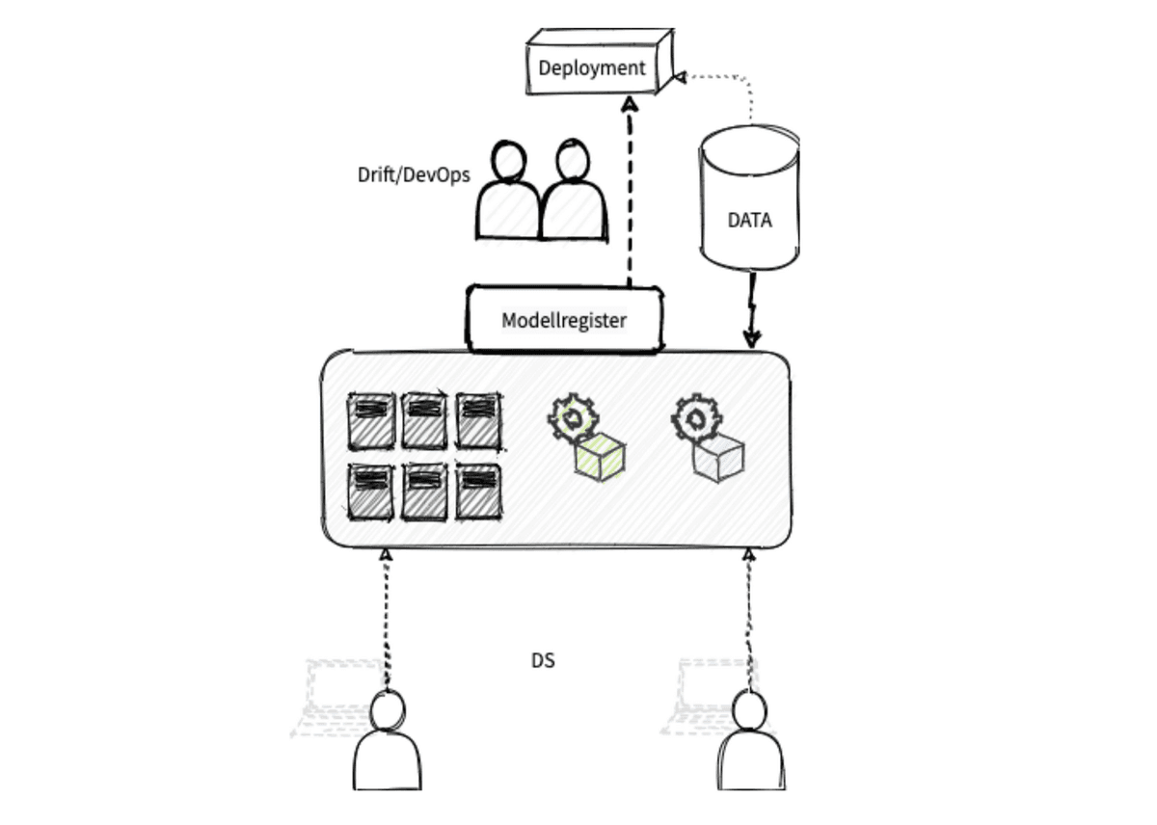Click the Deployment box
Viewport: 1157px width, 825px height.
click(x=591, y=68)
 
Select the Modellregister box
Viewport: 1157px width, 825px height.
click(x=565, y=319)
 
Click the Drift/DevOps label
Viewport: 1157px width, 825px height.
click(x=414, y=175)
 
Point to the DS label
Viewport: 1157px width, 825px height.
click(x=544, y=661)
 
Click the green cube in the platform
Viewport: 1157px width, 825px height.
click(x=600, y=457)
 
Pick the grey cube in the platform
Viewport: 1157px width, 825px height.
click(x=719, y=457)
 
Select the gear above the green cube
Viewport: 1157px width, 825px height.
click(x=573, y=417)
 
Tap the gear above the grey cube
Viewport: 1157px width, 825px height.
click(x=693, y=417)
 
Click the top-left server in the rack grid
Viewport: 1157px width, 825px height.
click(x=371, y=419)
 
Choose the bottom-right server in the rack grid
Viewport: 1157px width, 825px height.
click(x=478, y=492)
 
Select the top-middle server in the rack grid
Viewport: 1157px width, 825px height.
click(x=424, y=419)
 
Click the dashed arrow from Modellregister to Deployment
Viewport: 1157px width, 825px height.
click(x=630, y=193)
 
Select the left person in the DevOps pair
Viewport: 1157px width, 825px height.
click(x=508, y=198)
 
